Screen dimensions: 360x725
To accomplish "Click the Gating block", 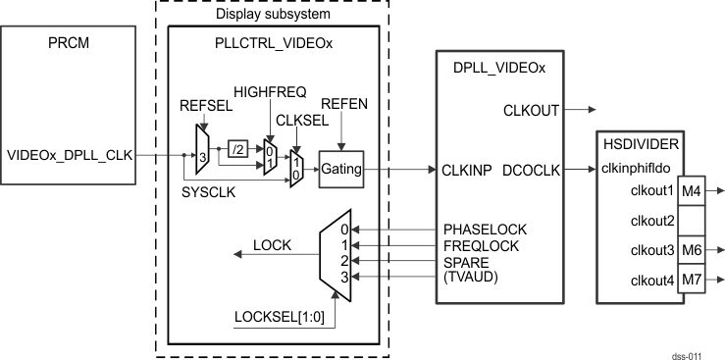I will coord(340,170).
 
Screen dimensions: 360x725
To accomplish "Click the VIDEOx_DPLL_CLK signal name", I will coord(69,155).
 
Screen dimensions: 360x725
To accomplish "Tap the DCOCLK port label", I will coord(531,170).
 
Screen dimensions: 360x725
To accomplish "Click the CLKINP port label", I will coord(467,170).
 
